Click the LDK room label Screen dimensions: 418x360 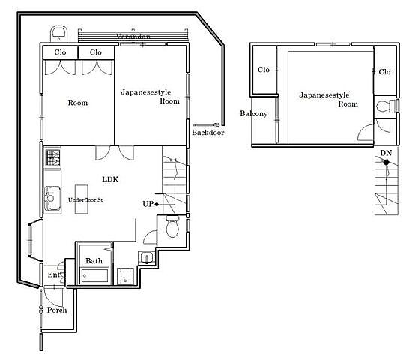[x=110, y=179]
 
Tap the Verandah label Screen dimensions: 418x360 [x=133, y=36]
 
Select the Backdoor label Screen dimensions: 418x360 [x=208, y=132]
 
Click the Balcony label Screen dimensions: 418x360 [x=253, y=114]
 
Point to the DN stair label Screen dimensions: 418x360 [x=386, y=153]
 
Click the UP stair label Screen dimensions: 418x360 [x=148, y=204]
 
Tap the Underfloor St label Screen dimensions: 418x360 [x=85, y=200]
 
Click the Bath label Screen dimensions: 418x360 [x=94, y=261]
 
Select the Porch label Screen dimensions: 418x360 [x=57, y=310]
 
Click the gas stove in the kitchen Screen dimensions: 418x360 [x=52, y=157]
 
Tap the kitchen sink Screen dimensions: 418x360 [x=52, y=198]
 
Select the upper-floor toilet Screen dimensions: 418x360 [x=386, y=106]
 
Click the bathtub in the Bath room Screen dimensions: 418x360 [x=94, y=276]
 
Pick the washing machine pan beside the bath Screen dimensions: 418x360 [x=126, y=277]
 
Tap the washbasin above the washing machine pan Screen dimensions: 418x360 [x=146, y=258]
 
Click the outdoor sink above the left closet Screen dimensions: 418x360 [x=58, y=34]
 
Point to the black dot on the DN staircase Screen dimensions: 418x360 [x=386, y=162]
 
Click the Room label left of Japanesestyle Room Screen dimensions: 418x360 [x=78, y=103]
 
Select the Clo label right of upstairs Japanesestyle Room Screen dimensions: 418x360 [x=384, y=72]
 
